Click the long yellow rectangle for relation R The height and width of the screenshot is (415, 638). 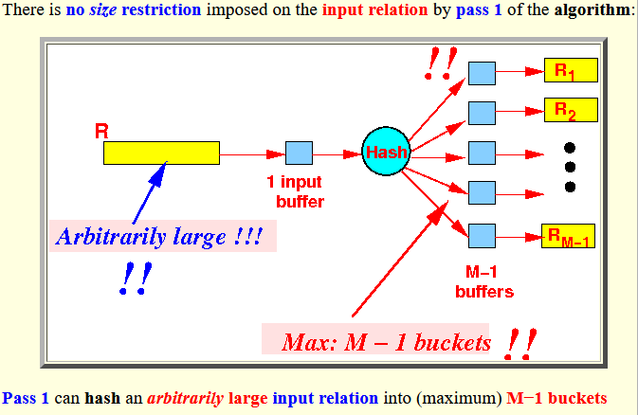[161, 153]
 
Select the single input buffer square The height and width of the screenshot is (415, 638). [299, 153]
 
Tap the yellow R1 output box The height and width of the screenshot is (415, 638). [569, 70]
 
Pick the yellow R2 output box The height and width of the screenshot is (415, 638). [569, 109]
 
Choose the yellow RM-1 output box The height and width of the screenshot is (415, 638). [568, 236]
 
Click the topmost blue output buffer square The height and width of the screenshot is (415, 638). [483, 70]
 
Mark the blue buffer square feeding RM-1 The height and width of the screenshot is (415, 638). [483, 233]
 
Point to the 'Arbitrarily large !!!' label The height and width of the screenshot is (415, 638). [161, 236]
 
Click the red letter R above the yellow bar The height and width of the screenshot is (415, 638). [101, 130]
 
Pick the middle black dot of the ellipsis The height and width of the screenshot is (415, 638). [570, 167]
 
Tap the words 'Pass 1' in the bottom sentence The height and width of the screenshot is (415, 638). [25, 398]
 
